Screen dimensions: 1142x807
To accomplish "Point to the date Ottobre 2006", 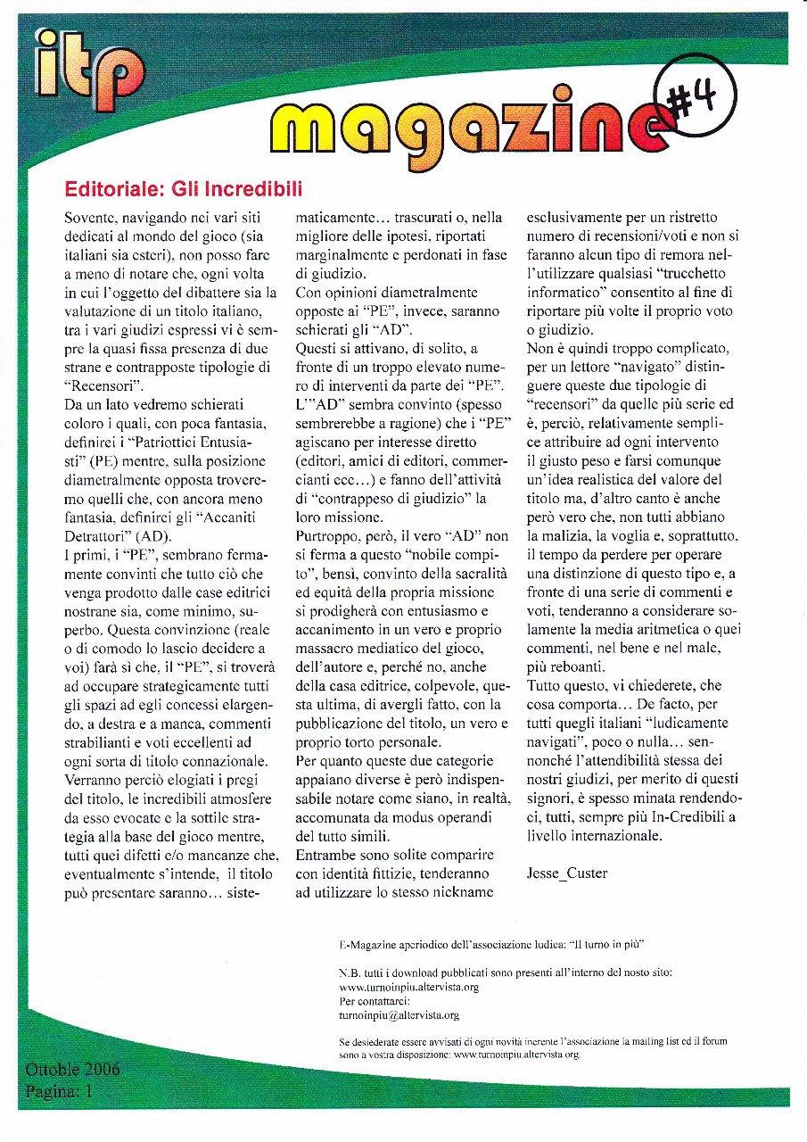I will point(72,1070).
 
